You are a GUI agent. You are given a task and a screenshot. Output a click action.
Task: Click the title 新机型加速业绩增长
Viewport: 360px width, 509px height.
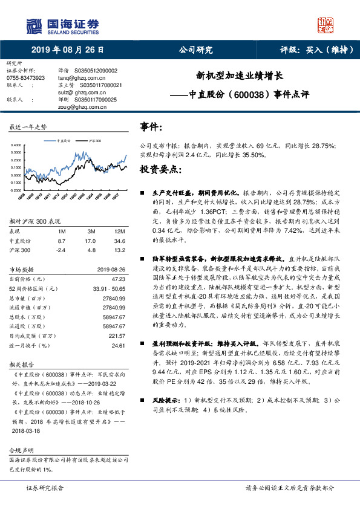coord(240,77)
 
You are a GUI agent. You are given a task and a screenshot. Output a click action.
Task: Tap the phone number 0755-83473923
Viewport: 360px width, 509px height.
coord(26,78)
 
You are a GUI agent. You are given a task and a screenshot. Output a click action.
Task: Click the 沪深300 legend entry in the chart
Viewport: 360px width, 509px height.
coord(94,139)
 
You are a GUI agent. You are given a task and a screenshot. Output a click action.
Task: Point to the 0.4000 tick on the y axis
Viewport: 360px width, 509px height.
coord(16,144)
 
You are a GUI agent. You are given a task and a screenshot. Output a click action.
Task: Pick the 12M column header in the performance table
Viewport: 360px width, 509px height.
coord(119,231)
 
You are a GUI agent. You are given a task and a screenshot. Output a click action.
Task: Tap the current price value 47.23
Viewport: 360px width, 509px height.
coord(119,279)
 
